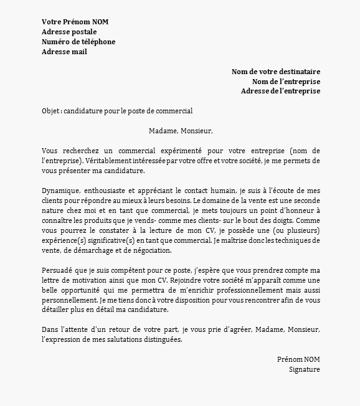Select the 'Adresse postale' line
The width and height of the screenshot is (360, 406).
click(69, 32)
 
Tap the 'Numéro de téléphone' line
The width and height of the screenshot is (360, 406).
click(78, 42)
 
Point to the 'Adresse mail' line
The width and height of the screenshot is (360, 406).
click(64, 52)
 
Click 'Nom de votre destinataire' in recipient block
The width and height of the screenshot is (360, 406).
click(276, 72)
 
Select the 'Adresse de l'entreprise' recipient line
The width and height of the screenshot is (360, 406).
click(280, 91)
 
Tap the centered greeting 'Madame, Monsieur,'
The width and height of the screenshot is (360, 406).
click(181, 131)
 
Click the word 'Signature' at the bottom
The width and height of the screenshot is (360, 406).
click(305, 369)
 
